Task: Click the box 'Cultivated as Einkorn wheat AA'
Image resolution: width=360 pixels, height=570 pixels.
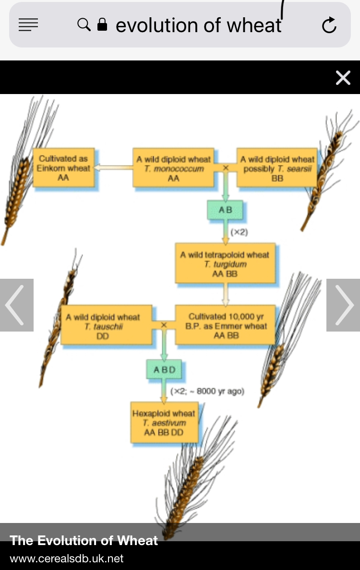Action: coord(63,168)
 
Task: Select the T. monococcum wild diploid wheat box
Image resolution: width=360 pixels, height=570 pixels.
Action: coord(173,168)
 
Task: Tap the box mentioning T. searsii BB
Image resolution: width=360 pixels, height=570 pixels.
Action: coord(277,168)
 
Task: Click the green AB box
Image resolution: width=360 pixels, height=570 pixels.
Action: coord(225,210)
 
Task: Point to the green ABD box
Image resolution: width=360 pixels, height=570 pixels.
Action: coord(164,370)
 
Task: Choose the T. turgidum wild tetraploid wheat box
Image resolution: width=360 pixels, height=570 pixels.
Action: coord(225,264)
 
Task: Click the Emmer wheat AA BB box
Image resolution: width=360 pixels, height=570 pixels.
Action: coord(226,326)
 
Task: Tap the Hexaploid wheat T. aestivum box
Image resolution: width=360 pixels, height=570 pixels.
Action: coord(164,423)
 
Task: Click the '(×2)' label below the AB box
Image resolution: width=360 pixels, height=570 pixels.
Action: coord(239,232)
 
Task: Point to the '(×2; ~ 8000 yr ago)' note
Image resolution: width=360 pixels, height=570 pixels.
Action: coord(207,392)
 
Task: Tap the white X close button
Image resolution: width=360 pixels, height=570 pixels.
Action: coord(343,78)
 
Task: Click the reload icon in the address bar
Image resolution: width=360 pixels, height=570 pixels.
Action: coord(329,25)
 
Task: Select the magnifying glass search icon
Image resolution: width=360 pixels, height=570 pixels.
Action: coord(84,24)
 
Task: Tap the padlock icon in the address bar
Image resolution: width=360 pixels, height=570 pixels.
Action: coord(102,24)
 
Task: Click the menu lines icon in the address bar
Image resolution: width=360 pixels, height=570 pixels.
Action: coord(28,25)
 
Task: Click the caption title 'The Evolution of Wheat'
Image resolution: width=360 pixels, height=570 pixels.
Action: coord(84,541)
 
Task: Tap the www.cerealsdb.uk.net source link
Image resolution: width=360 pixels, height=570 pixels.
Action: coord(67,558)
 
